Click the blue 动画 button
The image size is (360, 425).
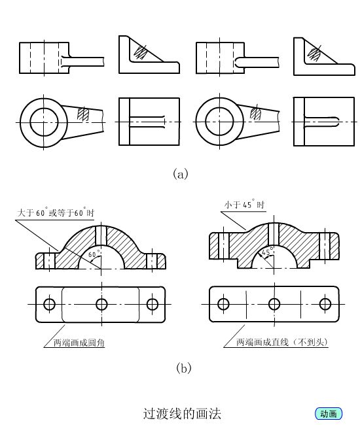(x=329, y=414)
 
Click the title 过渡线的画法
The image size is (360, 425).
(x=182, y=414)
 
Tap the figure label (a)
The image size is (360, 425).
(x=181, y=174)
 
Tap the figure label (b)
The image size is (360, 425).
(x=184, y=368)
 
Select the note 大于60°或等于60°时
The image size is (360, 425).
(x=56, y=212)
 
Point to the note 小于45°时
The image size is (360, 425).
(x=244, y=205)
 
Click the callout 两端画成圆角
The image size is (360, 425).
(x=79, y=343)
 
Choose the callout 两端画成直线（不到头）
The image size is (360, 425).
(x=282, y=342)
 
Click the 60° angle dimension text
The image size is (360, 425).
(x=93, y=254)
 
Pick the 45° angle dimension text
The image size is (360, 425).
(x=267, y=252)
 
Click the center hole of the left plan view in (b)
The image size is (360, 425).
(x=101, y=305)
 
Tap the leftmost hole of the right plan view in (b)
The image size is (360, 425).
(x=223, y=304)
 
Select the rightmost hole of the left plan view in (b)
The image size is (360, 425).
(x=153, y=304)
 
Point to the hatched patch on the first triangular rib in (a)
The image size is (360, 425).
(x=141, y=52)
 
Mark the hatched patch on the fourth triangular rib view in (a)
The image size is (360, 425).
(x=314, y=54)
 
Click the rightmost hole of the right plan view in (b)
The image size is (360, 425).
(x=325, y=304)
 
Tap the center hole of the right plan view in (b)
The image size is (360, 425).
(x=274, y=304)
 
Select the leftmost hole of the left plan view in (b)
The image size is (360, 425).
(x=49, y=304)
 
